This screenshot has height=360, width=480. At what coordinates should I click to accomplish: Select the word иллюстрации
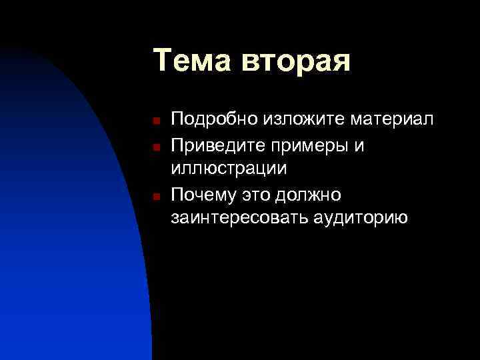point(229,169)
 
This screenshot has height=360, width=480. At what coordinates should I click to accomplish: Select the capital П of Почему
point(177,194)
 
